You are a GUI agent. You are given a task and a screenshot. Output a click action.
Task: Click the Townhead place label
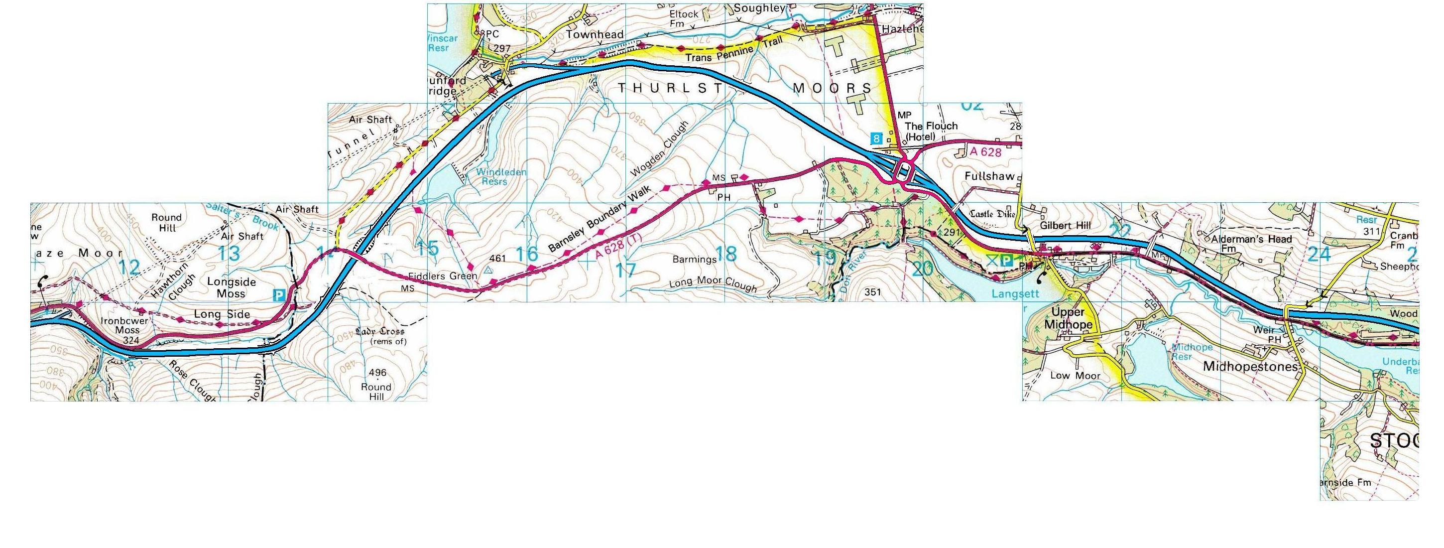594,35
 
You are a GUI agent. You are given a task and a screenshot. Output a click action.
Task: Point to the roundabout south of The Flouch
904,169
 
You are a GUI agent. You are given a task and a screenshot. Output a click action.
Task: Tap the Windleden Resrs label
501,177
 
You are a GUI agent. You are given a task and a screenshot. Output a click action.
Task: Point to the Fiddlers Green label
443,276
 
